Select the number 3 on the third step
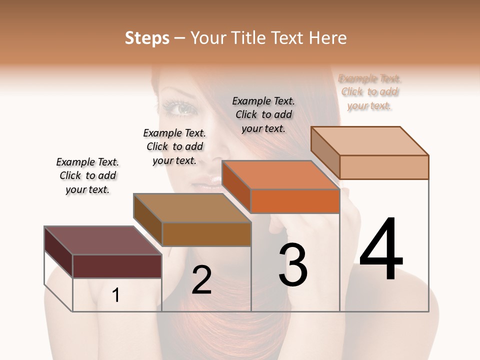[x=293, y=264]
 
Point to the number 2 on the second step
[x=201, y=279]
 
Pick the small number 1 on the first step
[x=116, y=295]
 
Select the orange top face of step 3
[x=280, y=175]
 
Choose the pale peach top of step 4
[x=369, y=140]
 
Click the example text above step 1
[x=87, y=175]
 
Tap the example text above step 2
[x=174, y=146]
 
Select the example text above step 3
[x=263, y=114]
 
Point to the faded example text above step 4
[x=370, y=92]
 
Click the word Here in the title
[x=328, y=38]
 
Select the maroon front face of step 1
[x=117, y=266]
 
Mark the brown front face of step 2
[x=206, y=234]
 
